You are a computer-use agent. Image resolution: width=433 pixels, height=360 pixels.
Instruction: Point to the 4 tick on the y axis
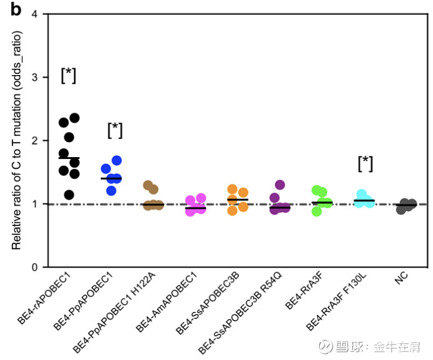[x=35, y=14]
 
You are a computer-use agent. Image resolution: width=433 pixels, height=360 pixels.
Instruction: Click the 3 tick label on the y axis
[x=35, y=77]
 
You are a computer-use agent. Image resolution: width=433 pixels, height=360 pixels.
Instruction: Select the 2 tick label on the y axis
[x=35, y=140]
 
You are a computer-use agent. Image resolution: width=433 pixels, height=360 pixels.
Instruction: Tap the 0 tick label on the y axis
[x=35, y=267]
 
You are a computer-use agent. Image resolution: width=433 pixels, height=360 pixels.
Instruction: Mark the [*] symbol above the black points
[x=68, y=76]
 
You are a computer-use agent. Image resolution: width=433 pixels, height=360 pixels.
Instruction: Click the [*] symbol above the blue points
[x=115, y=130]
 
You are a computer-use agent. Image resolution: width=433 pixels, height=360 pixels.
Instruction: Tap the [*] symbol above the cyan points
[x=365, y=164]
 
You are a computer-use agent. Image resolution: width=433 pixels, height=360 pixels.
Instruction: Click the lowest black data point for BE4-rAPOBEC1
[x=69, y=195]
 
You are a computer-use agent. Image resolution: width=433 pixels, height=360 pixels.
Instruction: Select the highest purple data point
[x=280, y=185]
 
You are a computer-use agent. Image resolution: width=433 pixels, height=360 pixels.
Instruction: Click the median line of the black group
[x=68, y=158]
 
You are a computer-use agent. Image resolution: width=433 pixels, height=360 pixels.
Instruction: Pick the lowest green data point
[x=317, y=211]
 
